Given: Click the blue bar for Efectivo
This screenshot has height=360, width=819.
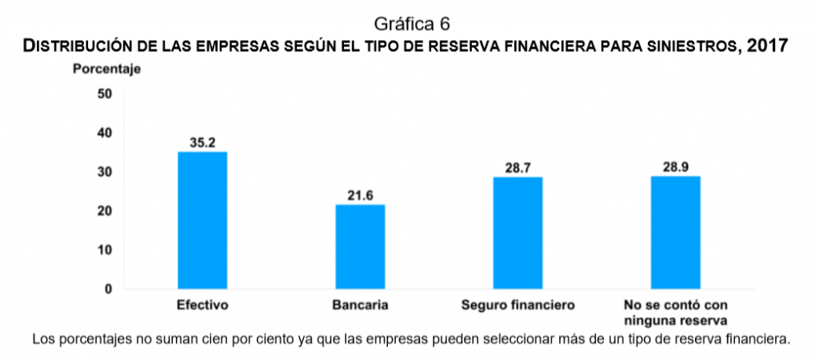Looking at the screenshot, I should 202,220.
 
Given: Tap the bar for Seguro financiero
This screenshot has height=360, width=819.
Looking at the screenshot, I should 517,233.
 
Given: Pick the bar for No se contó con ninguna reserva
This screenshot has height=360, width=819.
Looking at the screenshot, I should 676,232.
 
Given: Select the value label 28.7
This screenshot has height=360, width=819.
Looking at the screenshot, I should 517,168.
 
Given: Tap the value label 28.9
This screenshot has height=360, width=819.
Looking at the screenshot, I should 676,167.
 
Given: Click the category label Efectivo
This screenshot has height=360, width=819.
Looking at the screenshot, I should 202,306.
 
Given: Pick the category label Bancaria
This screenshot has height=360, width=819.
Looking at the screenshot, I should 360,306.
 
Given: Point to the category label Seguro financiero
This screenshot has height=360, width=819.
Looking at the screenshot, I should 517,306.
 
